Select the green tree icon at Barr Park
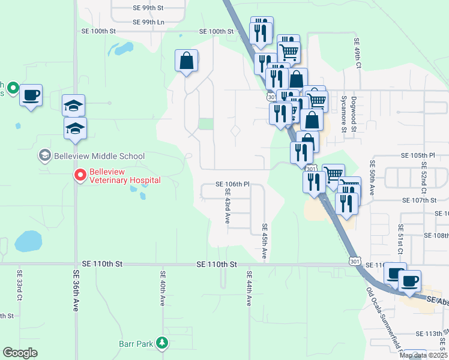pyautogui.click(x=161, y=343)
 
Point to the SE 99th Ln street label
pyautogui.click(x=148, y=22)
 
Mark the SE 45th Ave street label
pyautogui.click(x=265, y=242)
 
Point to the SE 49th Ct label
pyautogui.click(x=357, y=48)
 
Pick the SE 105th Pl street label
pyautogui.click(x=417, y=155)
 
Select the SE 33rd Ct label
pyautogui.click(x=19, y=288)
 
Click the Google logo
pyautogui.click(x=20, y=353)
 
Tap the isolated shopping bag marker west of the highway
pyautogui.click(x=186, y=61)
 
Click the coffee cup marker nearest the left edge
pyautogui.click(x=31, y=95)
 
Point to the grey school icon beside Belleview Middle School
pyautogui.click(x=44, y=156)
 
